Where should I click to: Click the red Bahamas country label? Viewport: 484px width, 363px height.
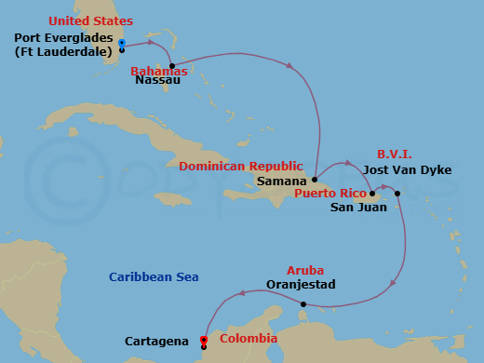pos(159,71)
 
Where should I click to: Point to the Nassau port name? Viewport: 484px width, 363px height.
pos(158,81)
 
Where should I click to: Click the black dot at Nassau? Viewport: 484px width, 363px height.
pos(172,66)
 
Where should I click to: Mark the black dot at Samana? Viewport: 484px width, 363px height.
pos(315,180)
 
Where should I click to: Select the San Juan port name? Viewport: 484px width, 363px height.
pos(354,208)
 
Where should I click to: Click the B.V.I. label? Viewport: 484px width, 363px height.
pos(395,154)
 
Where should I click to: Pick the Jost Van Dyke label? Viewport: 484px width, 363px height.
pos(408,170)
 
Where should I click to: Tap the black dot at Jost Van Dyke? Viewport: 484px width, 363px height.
pos(397,194)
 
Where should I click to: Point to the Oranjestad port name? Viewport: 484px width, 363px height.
pos(300,284)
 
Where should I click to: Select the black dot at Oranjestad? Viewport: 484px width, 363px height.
pos(302,303)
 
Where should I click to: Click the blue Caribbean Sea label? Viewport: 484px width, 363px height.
pos(154,277)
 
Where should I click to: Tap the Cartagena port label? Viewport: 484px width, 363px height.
pos(157,342)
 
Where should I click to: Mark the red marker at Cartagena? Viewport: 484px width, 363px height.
pos(203,341)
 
